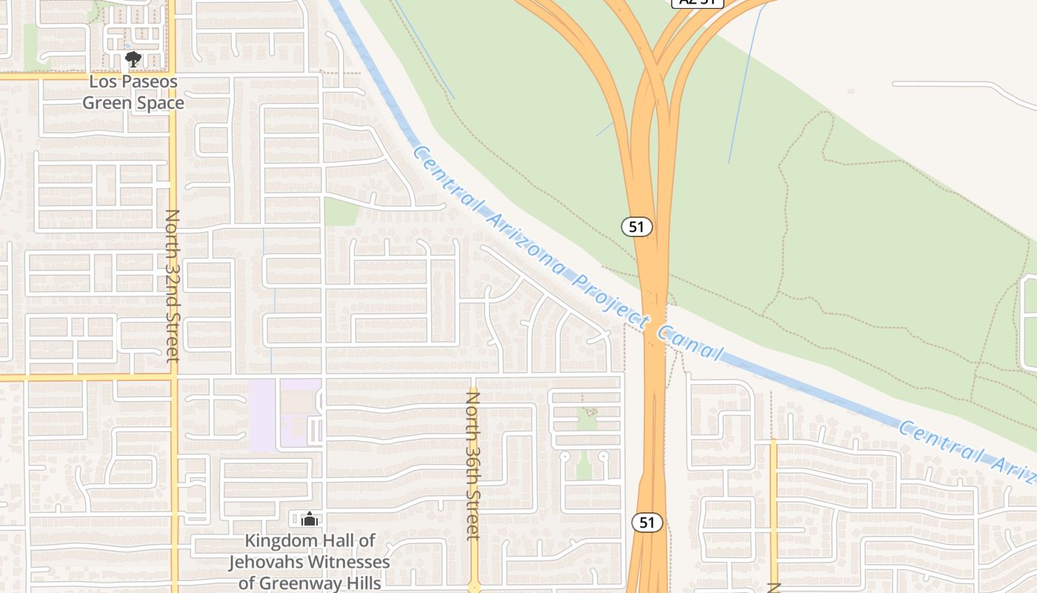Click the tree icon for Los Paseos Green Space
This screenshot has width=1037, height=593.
pos(133,59)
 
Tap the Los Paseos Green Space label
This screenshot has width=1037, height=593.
pos(133,92)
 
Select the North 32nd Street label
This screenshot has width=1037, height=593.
pos(173,285)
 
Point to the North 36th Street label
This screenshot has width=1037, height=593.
pos(473,466)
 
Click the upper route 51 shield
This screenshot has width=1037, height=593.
pos(637,226)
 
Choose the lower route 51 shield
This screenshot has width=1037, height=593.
pos(647,522)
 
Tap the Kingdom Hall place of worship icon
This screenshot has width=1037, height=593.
pos(310,519)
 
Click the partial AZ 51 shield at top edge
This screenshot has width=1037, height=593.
pos(696,3)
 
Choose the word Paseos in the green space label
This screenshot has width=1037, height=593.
pos(147,81)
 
